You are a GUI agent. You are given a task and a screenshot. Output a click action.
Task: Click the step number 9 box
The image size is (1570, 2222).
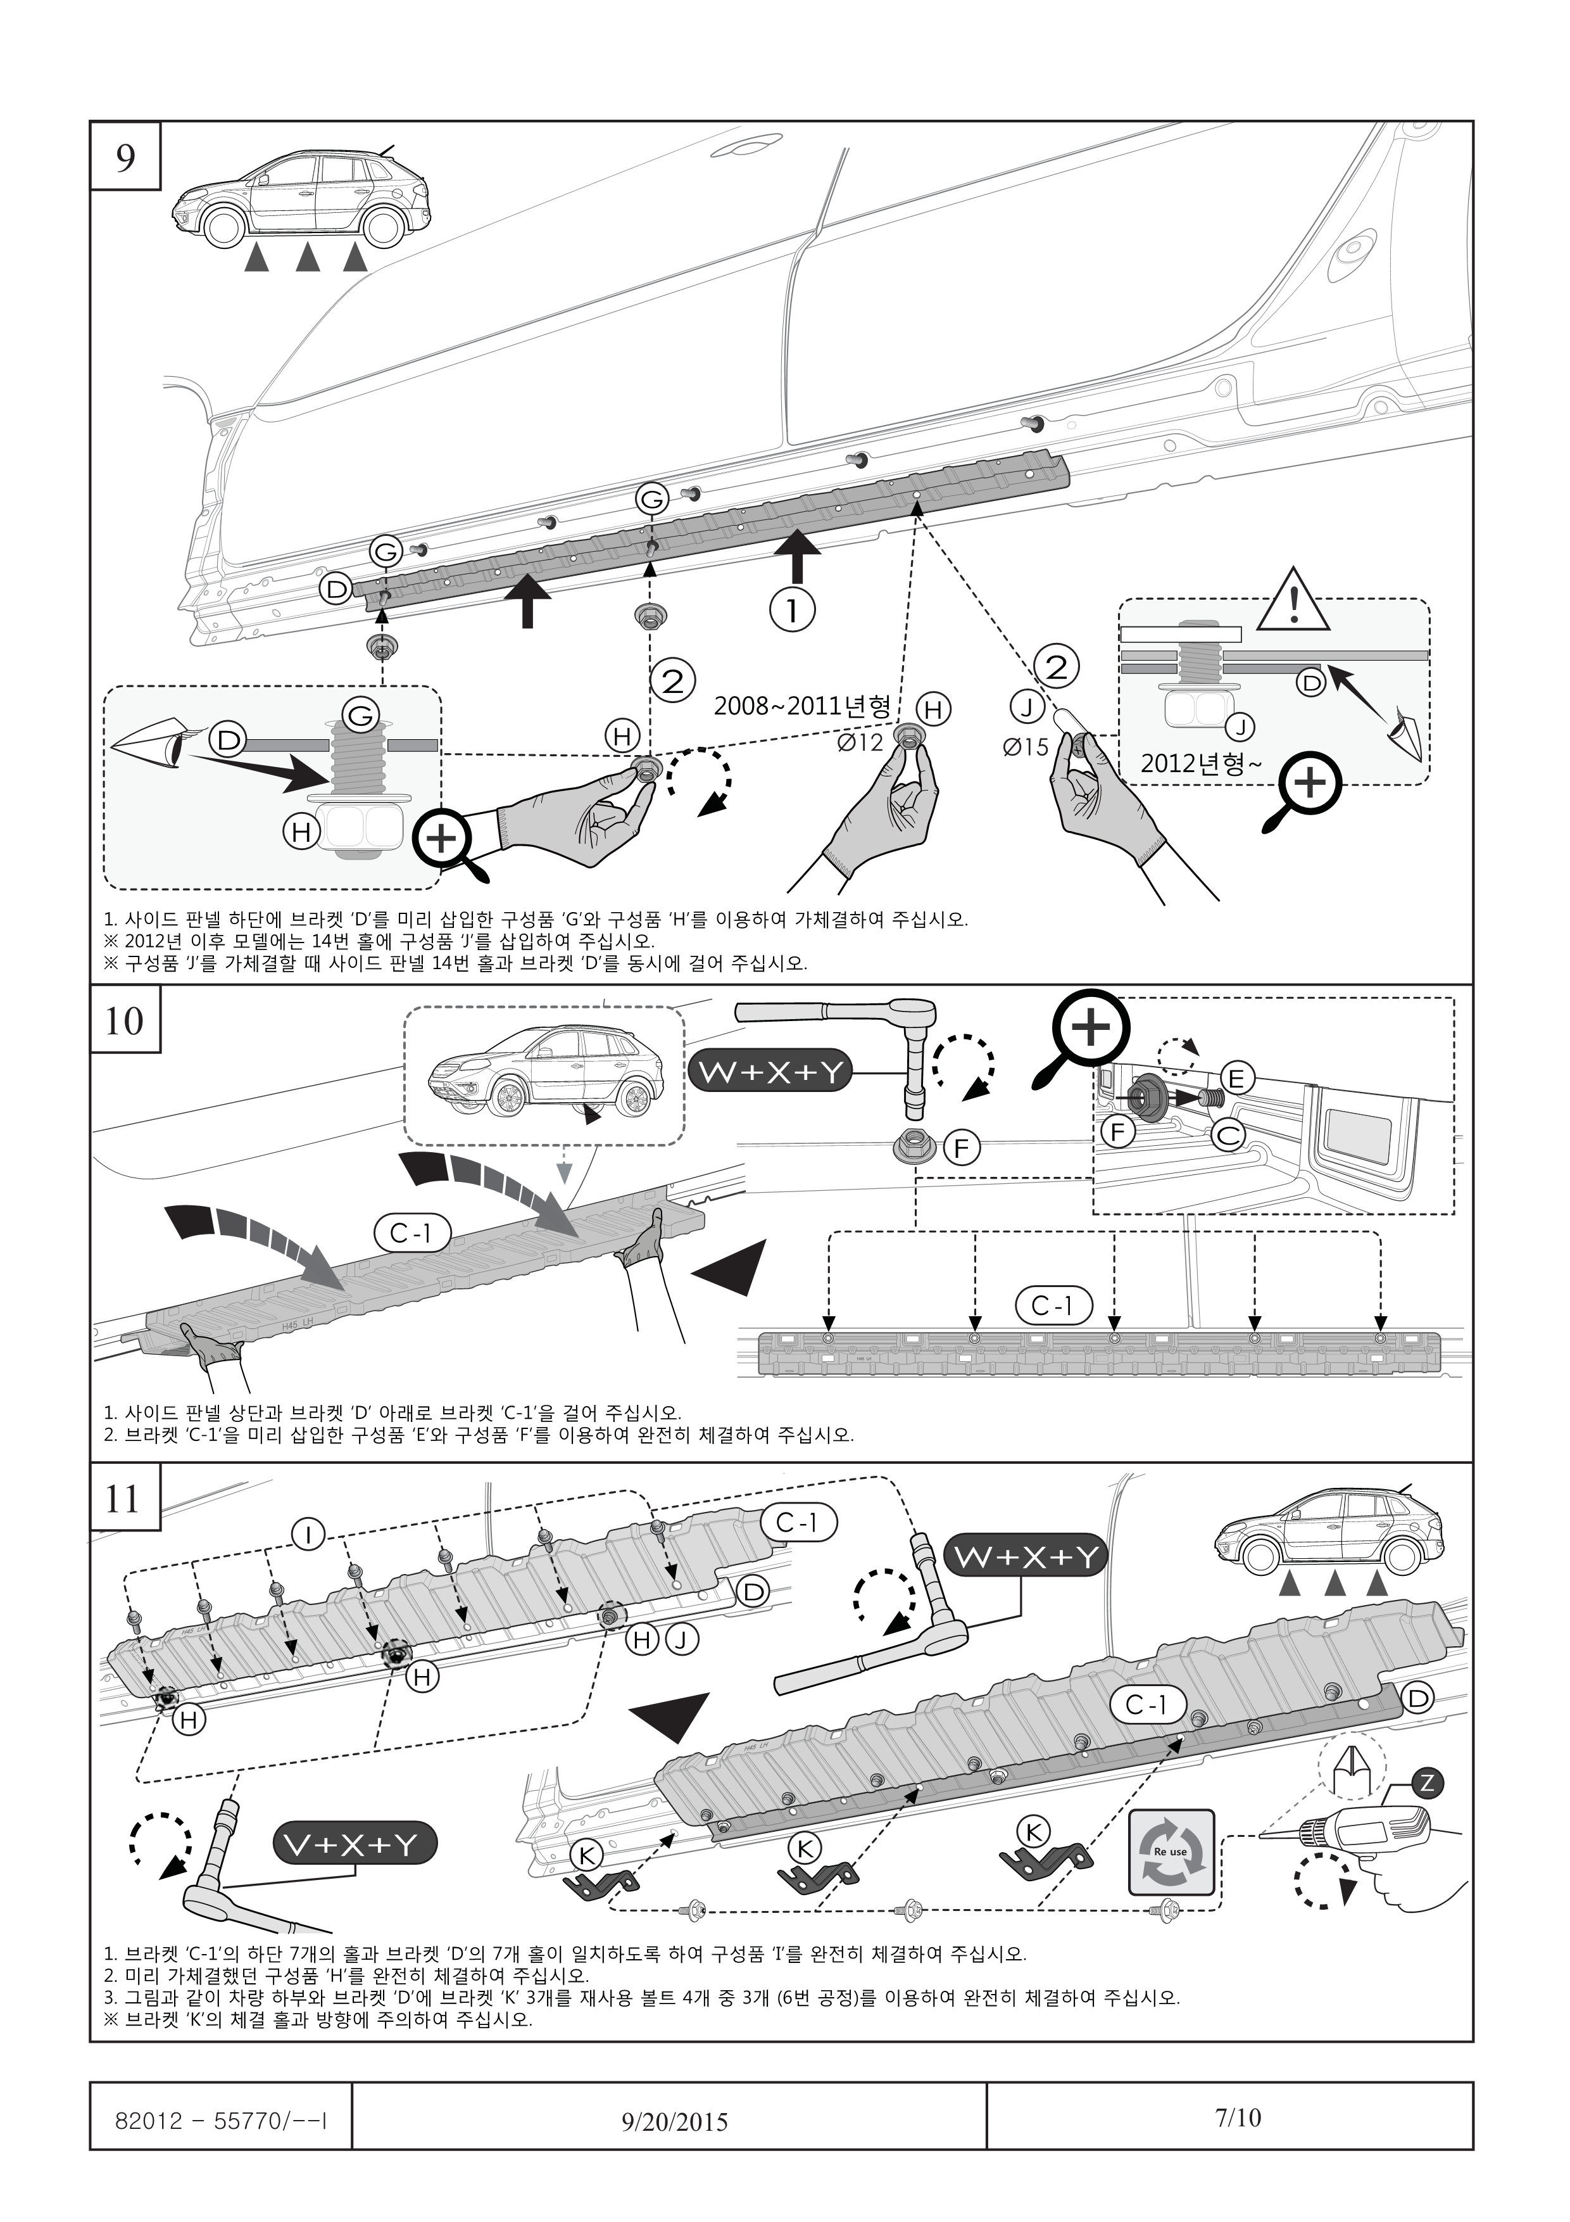click(126, 157)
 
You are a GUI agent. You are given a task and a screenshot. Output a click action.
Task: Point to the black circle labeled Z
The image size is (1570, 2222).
click(1427, 1782)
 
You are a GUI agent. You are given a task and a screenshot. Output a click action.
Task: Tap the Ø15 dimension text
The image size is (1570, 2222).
click(1026, 748)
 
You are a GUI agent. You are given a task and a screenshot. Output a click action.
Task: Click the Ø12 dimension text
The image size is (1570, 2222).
click(860, 743)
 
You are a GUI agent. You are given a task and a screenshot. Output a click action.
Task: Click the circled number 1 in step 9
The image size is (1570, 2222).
click(792, 610)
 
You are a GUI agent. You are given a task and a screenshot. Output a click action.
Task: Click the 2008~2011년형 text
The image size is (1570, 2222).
click(802, 706)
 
